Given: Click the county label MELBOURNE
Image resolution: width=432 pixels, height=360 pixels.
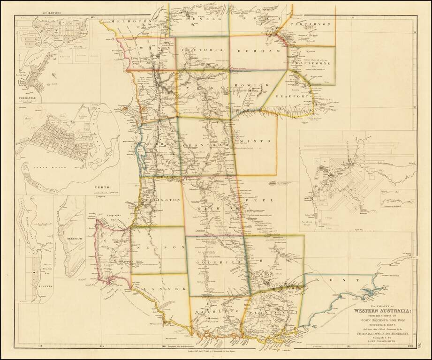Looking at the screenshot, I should [128, 22].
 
